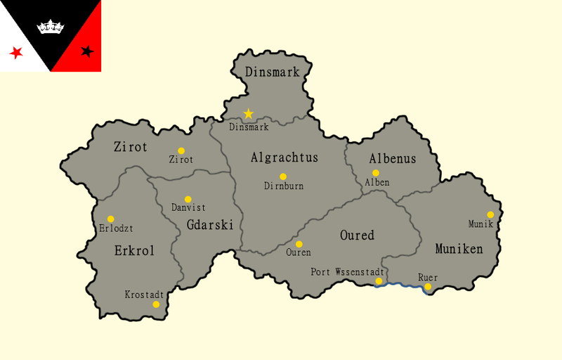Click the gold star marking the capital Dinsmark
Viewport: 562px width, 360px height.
[248, 113]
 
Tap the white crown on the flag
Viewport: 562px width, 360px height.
[51, 27]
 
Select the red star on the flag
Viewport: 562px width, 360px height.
[15, 53]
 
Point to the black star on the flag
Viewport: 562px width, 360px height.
[87, 51]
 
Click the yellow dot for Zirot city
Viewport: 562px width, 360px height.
[181, 150]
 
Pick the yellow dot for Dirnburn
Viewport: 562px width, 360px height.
[283, 176]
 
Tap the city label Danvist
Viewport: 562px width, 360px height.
[188, 208]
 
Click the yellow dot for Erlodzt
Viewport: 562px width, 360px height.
[110, 219]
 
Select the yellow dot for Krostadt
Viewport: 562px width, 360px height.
[156, 304]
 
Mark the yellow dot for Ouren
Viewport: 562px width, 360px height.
[299, 244]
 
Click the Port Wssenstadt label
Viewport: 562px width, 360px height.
[347, 271]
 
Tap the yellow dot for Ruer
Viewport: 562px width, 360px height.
[428, 286]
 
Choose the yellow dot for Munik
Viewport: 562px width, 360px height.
[490, 214]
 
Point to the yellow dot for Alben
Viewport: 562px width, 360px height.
[376, 172]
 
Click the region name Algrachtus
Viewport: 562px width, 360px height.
[284, 157]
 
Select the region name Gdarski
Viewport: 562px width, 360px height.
[210, 224]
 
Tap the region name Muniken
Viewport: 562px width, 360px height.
[459, 249]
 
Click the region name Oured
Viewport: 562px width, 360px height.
[357, 235]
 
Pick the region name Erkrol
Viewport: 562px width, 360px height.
[134, 250]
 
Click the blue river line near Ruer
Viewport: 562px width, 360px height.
[404, 285]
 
